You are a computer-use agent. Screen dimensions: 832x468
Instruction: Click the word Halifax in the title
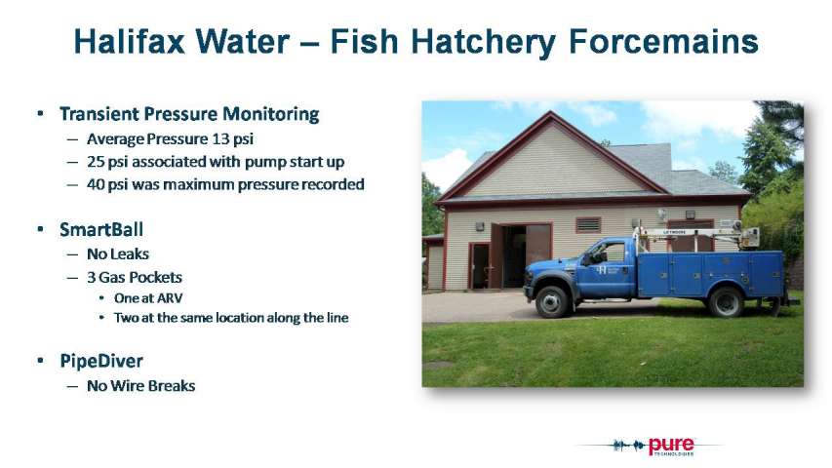pos(129,41)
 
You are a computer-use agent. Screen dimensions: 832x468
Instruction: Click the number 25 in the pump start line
pos(96,162)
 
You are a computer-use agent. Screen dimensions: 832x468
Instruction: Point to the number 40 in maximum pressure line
pos(96,184)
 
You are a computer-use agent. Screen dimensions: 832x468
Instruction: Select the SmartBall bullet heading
pos(101,230)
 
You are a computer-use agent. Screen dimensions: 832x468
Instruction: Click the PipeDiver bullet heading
pos(101,362)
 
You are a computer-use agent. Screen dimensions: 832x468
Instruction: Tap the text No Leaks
pos(118,254)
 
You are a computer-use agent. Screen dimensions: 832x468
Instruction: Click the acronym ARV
pos(171,298)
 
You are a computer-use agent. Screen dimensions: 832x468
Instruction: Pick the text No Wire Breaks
pos(141,386)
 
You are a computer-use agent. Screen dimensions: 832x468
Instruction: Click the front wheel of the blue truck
pos(552,301)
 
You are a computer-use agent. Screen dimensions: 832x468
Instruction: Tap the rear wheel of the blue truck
pos(726,301)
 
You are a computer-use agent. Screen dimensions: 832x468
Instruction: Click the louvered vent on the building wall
pos(588,225)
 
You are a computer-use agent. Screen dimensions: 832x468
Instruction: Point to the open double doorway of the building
pos(521,255)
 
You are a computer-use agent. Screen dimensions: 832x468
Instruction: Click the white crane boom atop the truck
pos(695,232)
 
